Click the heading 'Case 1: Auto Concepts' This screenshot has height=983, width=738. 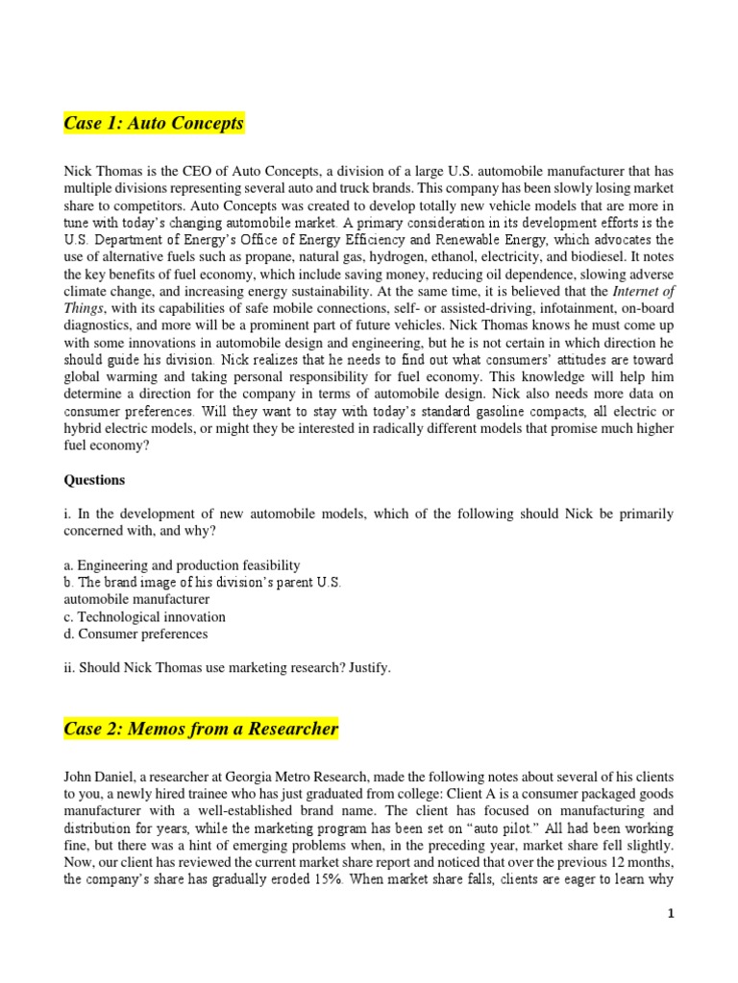coord(154,124)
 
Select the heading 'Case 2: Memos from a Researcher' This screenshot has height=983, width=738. coord(201,729)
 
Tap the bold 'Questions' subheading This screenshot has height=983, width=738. coord(94,480)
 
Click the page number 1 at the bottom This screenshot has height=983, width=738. coord(671,915)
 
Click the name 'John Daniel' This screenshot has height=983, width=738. coord(99,775)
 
